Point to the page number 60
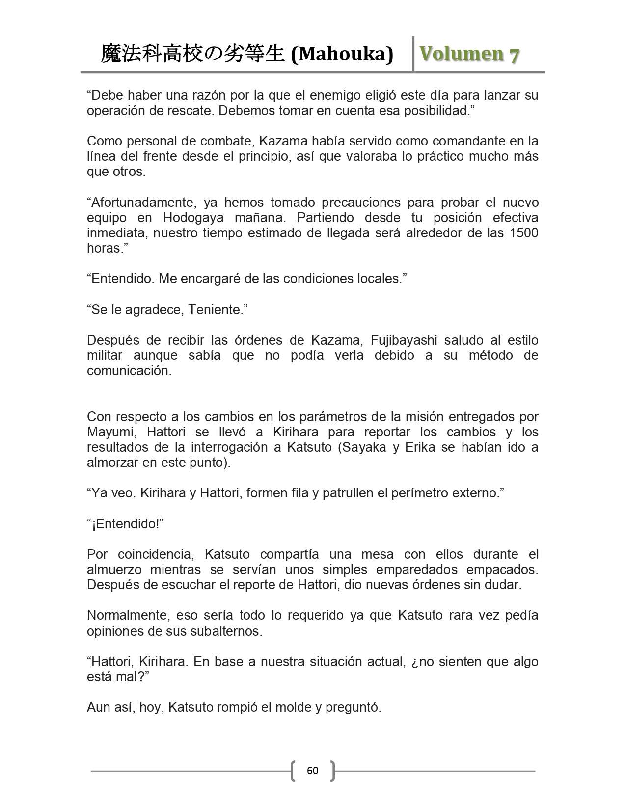(312, 770)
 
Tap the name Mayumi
(109, 432)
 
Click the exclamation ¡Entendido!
(125, 523)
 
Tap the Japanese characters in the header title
(192, 54)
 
